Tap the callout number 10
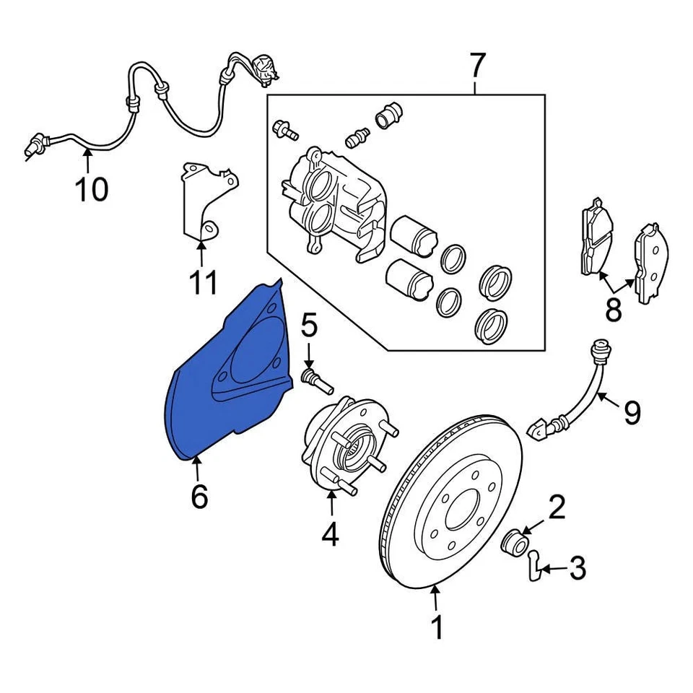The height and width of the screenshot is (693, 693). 92,189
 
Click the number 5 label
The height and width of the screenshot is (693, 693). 309,326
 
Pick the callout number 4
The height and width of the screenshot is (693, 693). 330,535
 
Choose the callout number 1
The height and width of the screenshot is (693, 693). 437,627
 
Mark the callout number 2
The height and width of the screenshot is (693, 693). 556,507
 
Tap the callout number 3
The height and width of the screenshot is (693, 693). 577,570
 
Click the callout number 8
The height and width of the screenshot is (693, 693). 613,310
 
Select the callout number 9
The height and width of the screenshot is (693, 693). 632,412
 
